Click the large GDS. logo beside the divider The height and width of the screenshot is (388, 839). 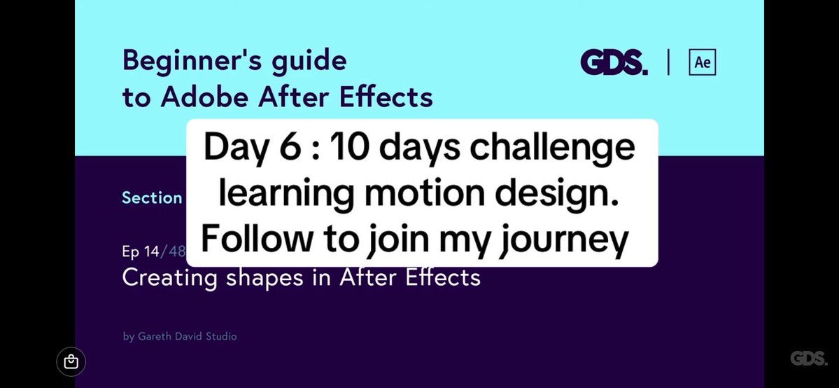pos(614,63)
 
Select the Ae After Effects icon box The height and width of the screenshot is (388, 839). pos(703,63)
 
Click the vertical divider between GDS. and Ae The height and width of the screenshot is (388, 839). pos(668,63)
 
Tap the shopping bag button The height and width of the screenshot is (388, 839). pos(71,362)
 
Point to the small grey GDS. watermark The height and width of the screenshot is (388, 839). pos(808,359)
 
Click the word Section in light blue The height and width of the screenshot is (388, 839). pos(152,198)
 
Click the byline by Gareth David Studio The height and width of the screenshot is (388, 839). pos(179,336)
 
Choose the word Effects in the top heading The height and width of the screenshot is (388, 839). pos(386,98)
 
